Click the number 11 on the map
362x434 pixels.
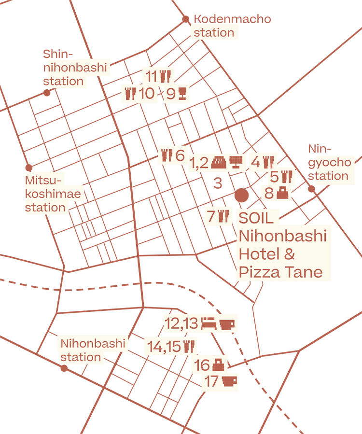pyautogui.click(x=152, y=76)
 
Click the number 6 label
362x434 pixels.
pyautogui.click(x=180, y=155)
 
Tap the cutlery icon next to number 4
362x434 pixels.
pyautogui.click(x=268, y=162)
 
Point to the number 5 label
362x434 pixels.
pyautogui.click(x=274, y=177)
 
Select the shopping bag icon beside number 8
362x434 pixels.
pyautogui.click(x=282, y=194)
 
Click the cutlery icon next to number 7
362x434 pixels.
pyautogui.click(x=223, y=216)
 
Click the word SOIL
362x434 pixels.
pyautogui.click(x=256, y=218)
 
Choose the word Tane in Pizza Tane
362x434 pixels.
pyautogui.click(x=303, y=272)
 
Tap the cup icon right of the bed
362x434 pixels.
pyautogui.click(x=226, y=323)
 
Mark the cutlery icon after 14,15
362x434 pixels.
pyautogui.click(x=189, y=346)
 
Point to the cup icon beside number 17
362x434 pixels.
pyautogui.click(x=229, y=381)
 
